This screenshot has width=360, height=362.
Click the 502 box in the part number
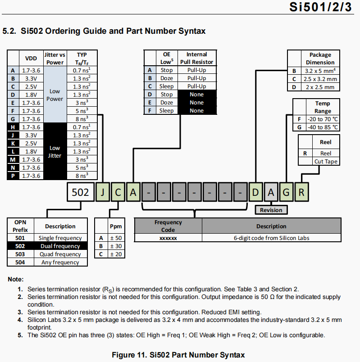(x=81, y=193)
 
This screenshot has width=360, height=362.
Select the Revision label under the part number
(x=271, y=210)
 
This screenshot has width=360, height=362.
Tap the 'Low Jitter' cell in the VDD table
(x=55, y=151)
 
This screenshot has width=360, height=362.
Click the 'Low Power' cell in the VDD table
(x=55, y=95)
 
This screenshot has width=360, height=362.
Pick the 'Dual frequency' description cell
(x=60, y=246)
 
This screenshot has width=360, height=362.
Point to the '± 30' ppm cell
(x=116, y=246)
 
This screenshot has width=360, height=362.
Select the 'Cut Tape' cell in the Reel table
(x=325, y=161)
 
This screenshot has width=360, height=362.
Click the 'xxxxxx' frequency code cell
(x=168, y=238)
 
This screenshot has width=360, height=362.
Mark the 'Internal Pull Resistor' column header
(x=196, y=59)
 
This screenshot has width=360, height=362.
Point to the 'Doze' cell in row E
(x=167, y=103)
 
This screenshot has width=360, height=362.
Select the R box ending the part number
(x=302, y=193)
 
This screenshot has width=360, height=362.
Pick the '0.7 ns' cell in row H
(x=82, y=127)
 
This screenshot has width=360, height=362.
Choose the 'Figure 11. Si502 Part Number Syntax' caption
(x=178, y=355)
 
